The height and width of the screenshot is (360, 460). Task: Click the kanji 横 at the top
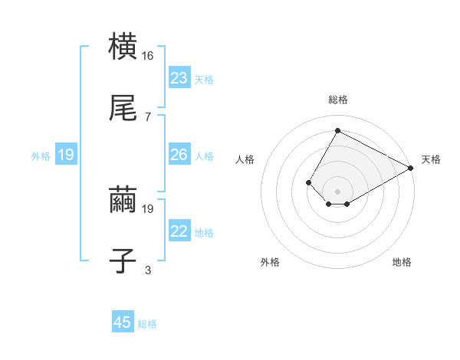point(123,47)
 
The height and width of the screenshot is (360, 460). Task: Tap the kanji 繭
point(123,201)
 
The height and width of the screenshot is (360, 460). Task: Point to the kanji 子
point(123,260)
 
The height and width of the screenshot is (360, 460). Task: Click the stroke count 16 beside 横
point(149,56)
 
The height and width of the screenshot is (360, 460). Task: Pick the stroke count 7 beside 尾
point(147,116)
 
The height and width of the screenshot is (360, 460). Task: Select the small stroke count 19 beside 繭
point(149,208)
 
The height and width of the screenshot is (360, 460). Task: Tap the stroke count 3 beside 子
point(147,270)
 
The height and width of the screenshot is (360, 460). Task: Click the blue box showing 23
point(179,78)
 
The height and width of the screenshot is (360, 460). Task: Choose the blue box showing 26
point(179,155)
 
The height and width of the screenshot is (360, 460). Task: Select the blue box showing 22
point(179,231)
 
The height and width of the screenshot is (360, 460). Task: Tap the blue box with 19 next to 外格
point(66,155)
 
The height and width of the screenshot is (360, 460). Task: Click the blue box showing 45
point(123,322)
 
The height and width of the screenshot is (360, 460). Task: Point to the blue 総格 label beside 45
point(147,324)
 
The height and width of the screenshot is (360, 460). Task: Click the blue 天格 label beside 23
point(204,80)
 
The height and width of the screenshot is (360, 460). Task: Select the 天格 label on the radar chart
point(432,159)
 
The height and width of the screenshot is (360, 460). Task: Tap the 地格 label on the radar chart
point(402,262)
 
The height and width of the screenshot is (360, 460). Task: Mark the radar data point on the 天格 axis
point(411,168)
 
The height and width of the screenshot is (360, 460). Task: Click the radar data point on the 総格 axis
point(337,131)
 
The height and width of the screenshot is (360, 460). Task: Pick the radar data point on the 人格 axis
point(308,182)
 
